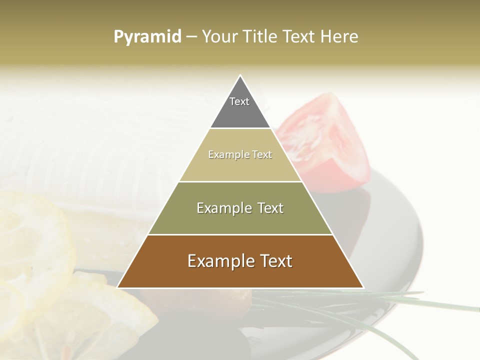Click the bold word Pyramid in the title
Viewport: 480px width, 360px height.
(147, 36)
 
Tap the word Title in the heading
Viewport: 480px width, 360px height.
(260, 36)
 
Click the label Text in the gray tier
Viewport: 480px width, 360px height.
(239, 101)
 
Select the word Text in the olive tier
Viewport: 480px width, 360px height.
(268, 208)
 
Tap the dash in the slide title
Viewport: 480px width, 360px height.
(191, 36)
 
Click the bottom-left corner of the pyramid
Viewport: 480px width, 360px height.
(117, 287)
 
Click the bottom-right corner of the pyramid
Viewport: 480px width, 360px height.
(363, 287)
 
